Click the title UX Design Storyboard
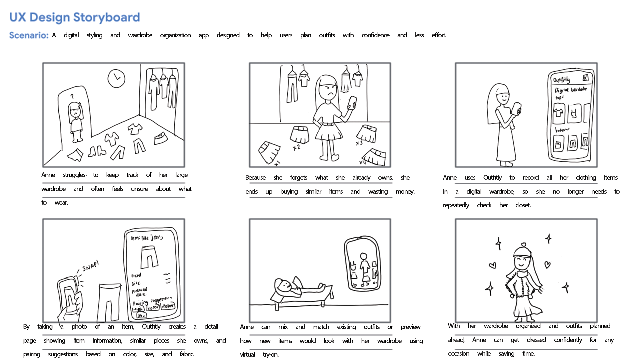point(74,17)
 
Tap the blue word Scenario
point(28,35)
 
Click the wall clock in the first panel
point(116,78)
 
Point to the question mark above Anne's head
point(72,96)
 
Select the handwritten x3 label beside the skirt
point(359,143)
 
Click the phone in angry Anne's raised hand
point(352,102)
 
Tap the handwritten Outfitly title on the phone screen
point(561,80)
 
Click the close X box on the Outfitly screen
point(585,78)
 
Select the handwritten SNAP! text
point(90,266)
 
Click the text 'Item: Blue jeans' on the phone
point(146,238)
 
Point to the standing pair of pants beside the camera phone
point(109,302)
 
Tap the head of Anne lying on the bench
point(283,285)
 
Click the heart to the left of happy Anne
point(492,265)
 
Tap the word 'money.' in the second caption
point(405,192)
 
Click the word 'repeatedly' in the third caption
point(456,205)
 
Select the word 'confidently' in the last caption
point(568,340)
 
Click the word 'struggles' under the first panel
point(74,175)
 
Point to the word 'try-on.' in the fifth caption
point(270,355)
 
